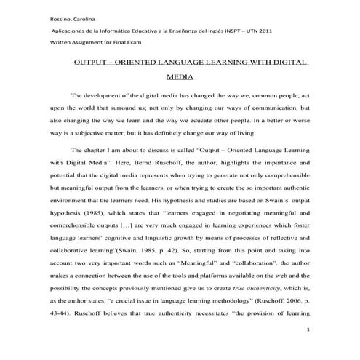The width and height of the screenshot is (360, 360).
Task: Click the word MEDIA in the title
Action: pyautogui.click(x=180, y=76)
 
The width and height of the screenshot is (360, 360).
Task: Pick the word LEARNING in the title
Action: pyautogui.click(x=237, y=63)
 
